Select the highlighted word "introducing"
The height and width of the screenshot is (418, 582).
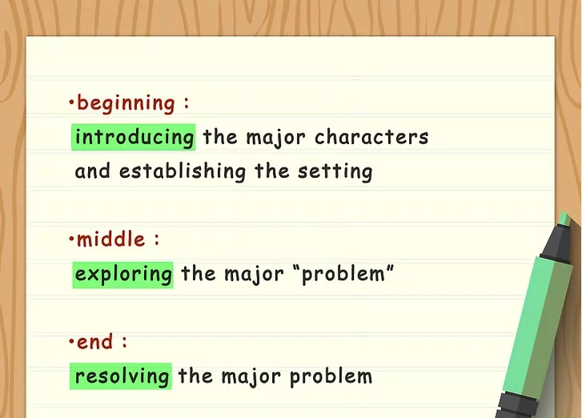point(134,137)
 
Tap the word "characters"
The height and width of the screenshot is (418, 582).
point(371,137)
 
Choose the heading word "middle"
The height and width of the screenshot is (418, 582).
point(111,239)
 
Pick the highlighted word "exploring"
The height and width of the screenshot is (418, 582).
point(123,275)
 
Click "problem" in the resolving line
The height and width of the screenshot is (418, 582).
point(331,376)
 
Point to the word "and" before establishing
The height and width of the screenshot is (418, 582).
point(93,171)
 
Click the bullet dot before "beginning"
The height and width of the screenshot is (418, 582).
point(71,102)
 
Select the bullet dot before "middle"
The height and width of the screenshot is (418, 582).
point(71,239)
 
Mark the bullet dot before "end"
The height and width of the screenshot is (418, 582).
point(71,341)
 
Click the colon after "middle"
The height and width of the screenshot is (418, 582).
point(156,240)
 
